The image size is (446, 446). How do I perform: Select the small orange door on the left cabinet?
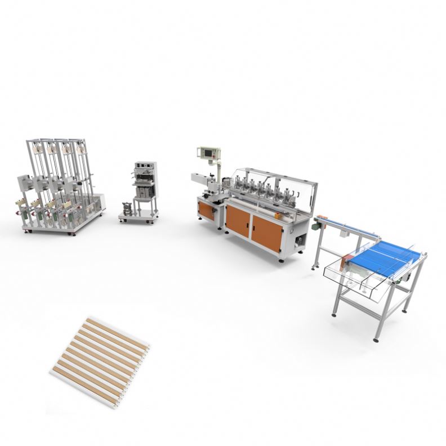[x=206, y=211]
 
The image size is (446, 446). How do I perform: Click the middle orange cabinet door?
[x=237, y=220]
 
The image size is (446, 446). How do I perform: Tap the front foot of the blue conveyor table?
[x=376, y=338]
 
